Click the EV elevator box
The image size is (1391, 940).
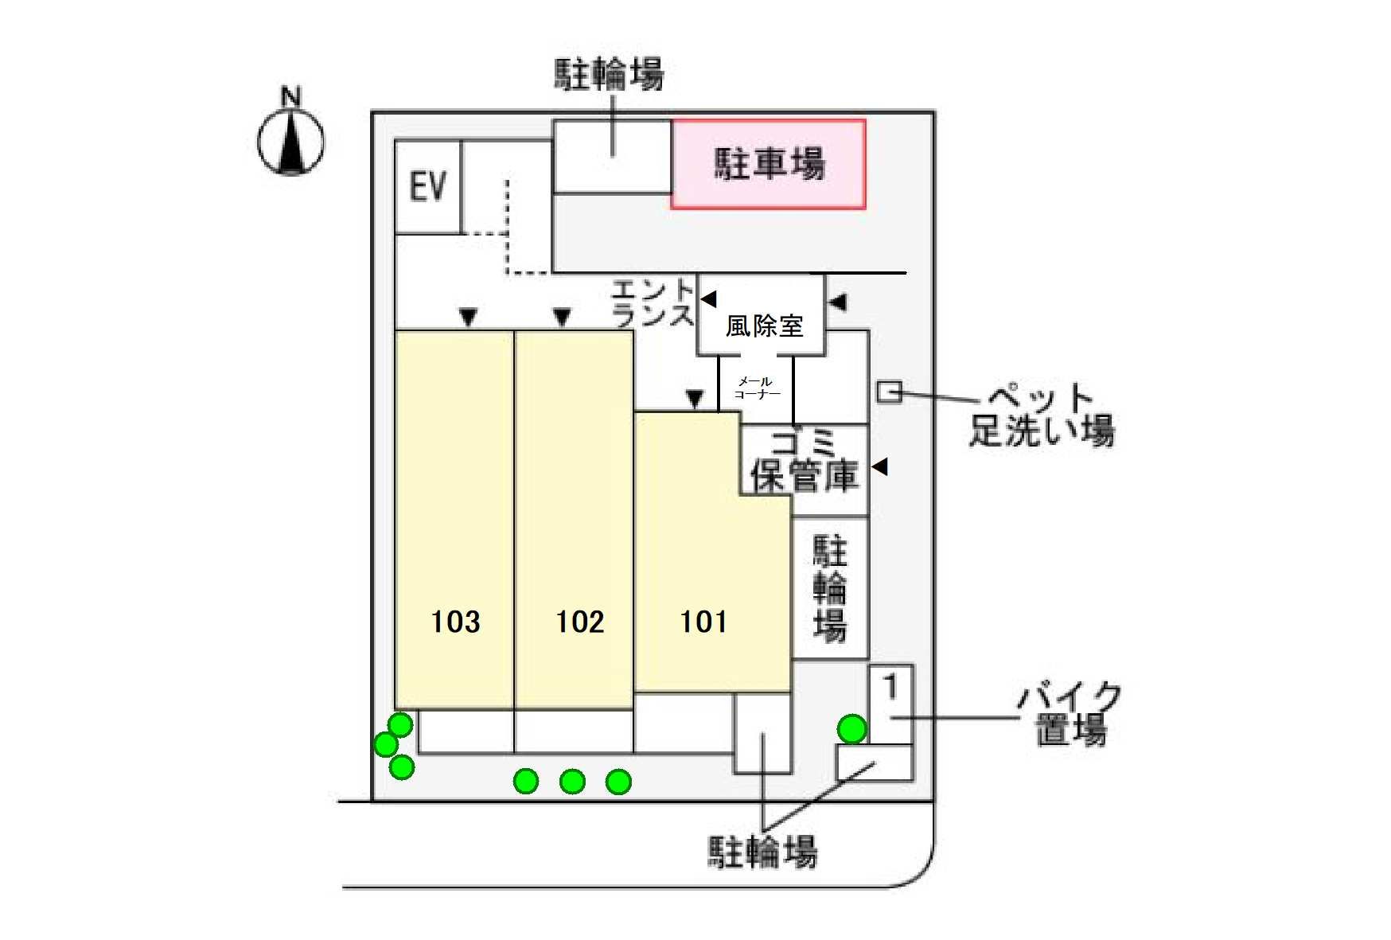pos(427,187)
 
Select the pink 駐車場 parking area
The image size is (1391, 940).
pos(769,164)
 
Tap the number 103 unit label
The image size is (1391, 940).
pos(455,622)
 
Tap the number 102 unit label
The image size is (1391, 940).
pos(580,622)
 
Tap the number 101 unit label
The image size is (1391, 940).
pos(703,622)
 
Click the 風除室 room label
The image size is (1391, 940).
pos(764,326)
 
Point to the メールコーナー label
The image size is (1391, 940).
pos(756,388)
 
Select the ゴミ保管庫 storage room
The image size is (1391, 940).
pos(805,462)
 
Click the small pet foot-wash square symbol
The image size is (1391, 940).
pos(889,392)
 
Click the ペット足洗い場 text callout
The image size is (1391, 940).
pos(1041,415)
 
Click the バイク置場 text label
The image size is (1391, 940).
pos(1070,713)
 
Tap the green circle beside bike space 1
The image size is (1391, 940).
pos(851,728)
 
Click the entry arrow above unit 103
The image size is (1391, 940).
pos(469,318)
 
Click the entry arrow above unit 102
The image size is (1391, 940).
pos(562,318)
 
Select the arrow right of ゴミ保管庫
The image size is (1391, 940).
pos(879,466)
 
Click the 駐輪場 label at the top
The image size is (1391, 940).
pos(610,74)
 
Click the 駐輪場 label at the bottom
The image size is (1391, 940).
pos(762,852)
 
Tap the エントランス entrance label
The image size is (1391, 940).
pos(653,302)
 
